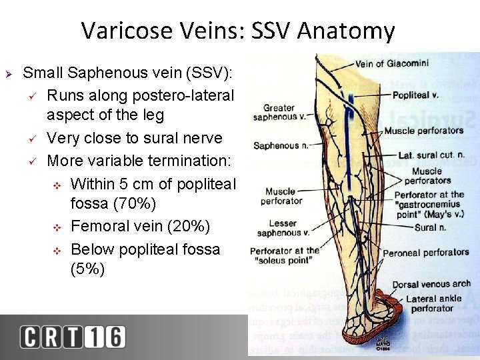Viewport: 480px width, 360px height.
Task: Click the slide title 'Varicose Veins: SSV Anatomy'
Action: pyautogui.click(x=238, y=31)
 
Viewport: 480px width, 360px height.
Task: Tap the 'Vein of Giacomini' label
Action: pyautogui.click(x=392, y=64)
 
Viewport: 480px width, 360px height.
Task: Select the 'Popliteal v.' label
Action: pyautogui.click(x=415, y=95)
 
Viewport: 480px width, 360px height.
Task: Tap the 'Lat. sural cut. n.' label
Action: pyautogui.click(x=431, y=155)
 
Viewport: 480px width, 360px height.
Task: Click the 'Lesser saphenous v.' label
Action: pyautogui.click(x=283, y=228)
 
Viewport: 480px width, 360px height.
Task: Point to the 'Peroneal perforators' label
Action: pyautogui.click(x=435, y=253)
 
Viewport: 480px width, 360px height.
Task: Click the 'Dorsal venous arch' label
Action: pyautogui.click(x=431, y=285)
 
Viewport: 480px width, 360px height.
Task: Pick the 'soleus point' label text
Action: pyautogui.click(x=285, y=260)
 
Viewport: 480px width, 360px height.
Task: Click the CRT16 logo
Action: pyautogui.click(x=72, y=337)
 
